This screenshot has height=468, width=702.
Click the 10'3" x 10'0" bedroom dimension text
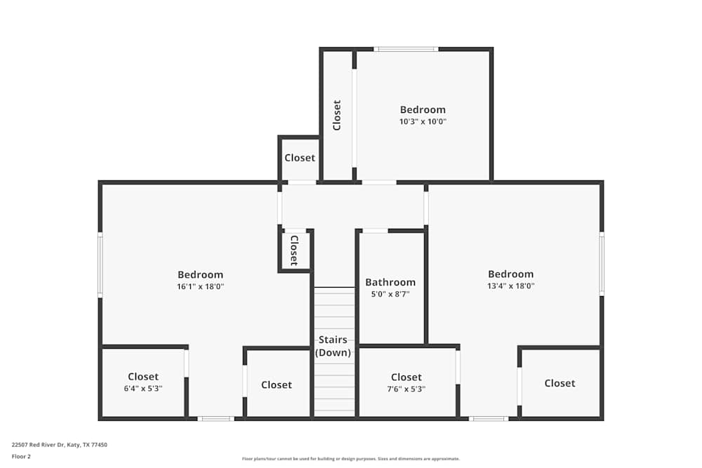click(x=423, y=121)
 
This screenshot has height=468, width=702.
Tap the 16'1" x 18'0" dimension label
click(x=200, y=286)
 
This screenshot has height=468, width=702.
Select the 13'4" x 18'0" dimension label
click(x=511, y=286)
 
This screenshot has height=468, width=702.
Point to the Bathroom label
click(x=390, y=282)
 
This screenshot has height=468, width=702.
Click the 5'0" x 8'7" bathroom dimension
click(x=390, y=295)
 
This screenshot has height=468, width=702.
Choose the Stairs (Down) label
click(x=333, y=346)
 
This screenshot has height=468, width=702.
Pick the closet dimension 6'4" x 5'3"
click(x=143, y=389)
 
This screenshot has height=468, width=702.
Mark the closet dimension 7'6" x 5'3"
click(x=406, y=389)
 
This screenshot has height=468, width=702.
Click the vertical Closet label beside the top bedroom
click(x=337, y=115)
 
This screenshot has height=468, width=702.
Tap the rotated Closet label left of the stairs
click(x=294, y=250)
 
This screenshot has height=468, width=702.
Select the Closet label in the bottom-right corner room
click(x=559, y=383)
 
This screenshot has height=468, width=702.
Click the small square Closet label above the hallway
click(x=300, y=158)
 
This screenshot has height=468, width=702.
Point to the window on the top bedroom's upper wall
click(x=406, y=49)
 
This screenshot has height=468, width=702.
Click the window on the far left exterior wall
click(x=100, y=265)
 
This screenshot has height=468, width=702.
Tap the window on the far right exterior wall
click(x=602, y=264)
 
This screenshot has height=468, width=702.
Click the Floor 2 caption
click(x=21, y=456)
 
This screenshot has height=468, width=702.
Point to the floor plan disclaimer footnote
click(x=350, y=459)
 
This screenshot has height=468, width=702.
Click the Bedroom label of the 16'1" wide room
click(x=200, y=274)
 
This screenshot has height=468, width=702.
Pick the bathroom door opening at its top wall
click(x=375, y=230)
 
